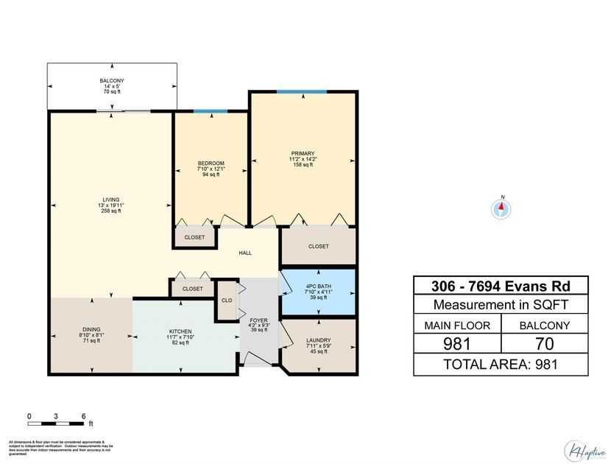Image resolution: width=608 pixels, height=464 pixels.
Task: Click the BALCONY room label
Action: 112,80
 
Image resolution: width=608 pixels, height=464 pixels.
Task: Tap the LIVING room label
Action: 111,200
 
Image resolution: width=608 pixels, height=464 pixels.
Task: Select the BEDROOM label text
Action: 211,163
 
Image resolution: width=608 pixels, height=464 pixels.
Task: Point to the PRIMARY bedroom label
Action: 302,154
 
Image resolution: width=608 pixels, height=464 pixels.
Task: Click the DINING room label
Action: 91,330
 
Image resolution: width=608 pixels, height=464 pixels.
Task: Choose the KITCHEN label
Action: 180,331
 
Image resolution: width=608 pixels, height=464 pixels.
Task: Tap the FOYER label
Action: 258,320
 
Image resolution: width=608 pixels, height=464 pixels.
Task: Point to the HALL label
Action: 245,253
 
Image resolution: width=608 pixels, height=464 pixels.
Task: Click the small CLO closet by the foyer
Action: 226,300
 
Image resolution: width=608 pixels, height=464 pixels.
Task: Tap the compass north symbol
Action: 501,208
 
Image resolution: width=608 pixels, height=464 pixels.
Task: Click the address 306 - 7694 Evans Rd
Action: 501,286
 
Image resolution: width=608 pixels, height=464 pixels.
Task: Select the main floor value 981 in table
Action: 456,342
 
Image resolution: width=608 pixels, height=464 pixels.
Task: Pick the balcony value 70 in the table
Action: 545,342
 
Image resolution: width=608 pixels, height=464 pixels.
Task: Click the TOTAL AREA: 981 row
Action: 501,364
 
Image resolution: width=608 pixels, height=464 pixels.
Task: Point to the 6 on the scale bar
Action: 83,416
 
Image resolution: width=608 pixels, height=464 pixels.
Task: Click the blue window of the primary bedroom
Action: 302,92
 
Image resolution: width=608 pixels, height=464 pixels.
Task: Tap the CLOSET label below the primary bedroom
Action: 318,246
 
